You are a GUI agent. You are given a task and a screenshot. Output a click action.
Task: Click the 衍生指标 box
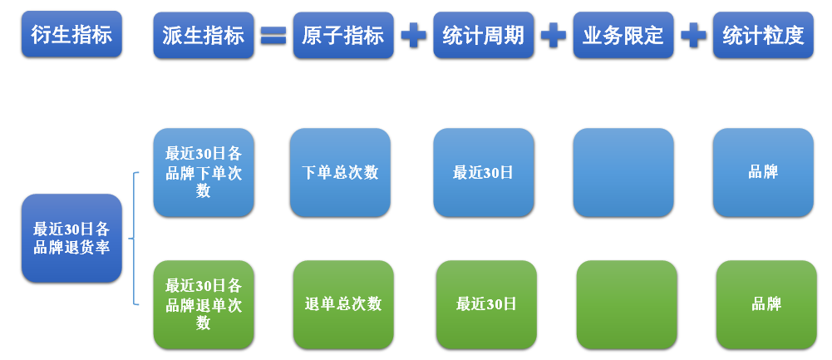click(71, 35)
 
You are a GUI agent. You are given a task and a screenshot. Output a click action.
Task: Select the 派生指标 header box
click(204, 35)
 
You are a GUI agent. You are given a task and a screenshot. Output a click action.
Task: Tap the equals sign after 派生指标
click(273, 35)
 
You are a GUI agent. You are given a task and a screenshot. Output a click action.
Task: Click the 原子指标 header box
click(342, 35)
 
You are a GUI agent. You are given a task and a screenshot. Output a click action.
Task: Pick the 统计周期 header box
click(483, 35)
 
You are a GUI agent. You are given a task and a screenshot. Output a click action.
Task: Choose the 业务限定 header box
click(623, 35)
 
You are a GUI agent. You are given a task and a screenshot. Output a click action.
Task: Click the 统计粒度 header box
click(763, 35)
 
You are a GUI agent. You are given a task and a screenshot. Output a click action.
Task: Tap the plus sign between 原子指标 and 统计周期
click(413, 35)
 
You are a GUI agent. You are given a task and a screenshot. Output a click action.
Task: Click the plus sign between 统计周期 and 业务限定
click(553, 35)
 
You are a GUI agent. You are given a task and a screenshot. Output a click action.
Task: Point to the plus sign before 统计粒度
click(693, 35)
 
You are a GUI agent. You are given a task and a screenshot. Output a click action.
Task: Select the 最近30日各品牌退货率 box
click(71, 238)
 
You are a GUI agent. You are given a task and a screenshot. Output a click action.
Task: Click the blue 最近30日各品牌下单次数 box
click(204, 173)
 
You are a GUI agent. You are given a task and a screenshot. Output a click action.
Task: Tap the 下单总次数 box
click(340, 173)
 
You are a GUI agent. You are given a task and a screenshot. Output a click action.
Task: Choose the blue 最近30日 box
click(483, 173)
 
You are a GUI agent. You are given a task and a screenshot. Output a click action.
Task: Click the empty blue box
click(623, 173)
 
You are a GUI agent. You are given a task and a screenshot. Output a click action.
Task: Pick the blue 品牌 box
click(763, 173)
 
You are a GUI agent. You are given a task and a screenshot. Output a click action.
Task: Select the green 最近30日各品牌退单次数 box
click(204, 304)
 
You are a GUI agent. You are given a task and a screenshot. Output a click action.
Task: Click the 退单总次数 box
click(343, 304)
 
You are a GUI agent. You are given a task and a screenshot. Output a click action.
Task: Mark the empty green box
click(627, 304)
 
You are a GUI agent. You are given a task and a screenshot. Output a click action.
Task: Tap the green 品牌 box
click(766, 304)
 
